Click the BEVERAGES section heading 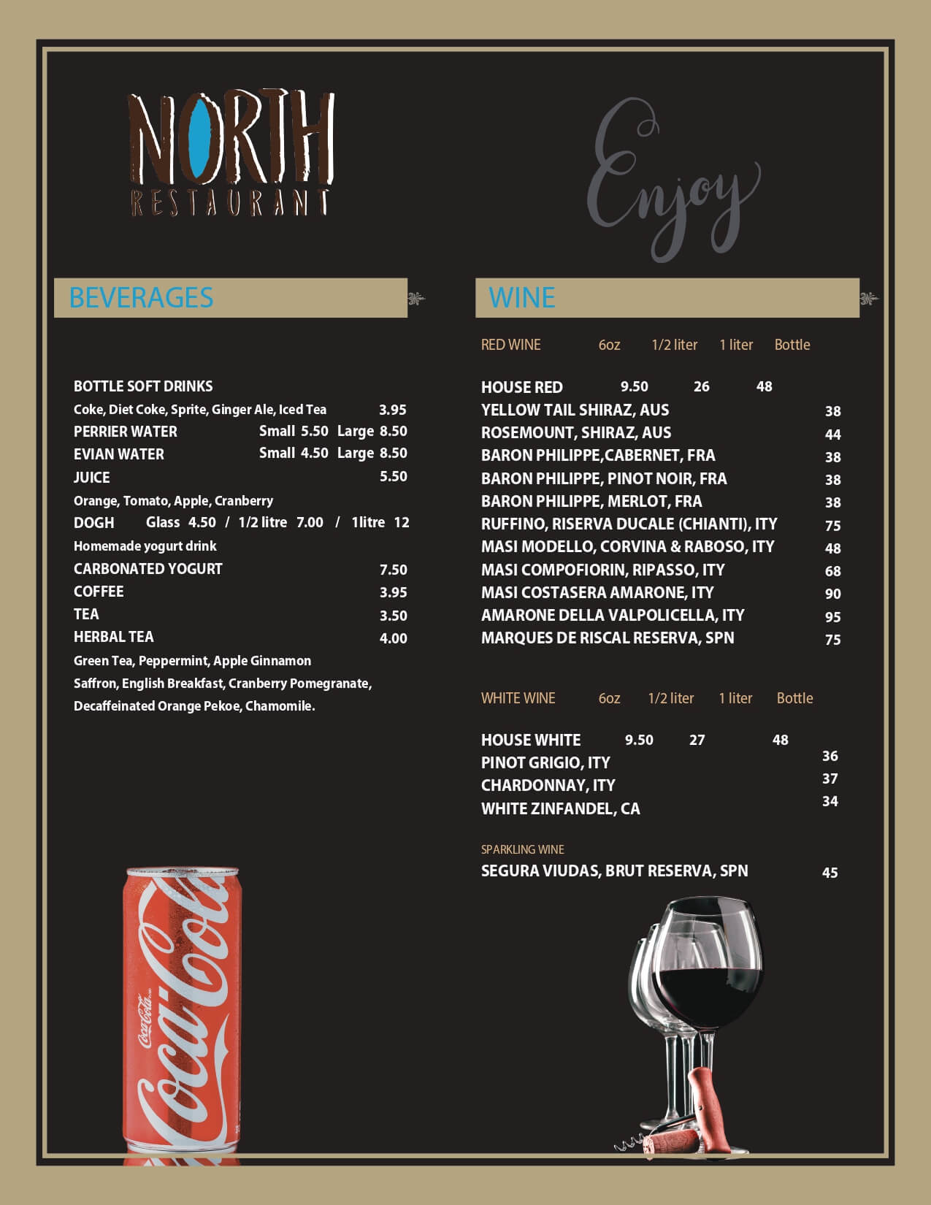[141, 298]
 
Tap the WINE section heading [522, 298]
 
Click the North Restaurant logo [231, 153]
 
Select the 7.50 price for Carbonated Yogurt [393, 570]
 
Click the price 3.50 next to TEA [393, 616]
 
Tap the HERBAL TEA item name [114, 637]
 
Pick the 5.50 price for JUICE [393, 476]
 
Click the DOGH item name [94, 523]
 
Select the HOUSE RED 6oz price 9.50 [634, 386]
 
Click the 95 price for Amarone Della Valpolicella [832, 617]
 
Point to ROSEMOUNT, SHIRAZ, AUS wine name [576, 432]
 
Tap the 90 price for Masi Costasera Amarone [832, 594]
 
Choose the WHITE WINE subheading [518, 698]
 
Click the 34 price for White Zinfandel [830, 801]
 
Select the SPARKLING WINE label [522, 849]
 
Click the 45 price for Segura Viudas [830, 873]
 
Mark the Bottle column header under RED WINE [792, 345]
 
